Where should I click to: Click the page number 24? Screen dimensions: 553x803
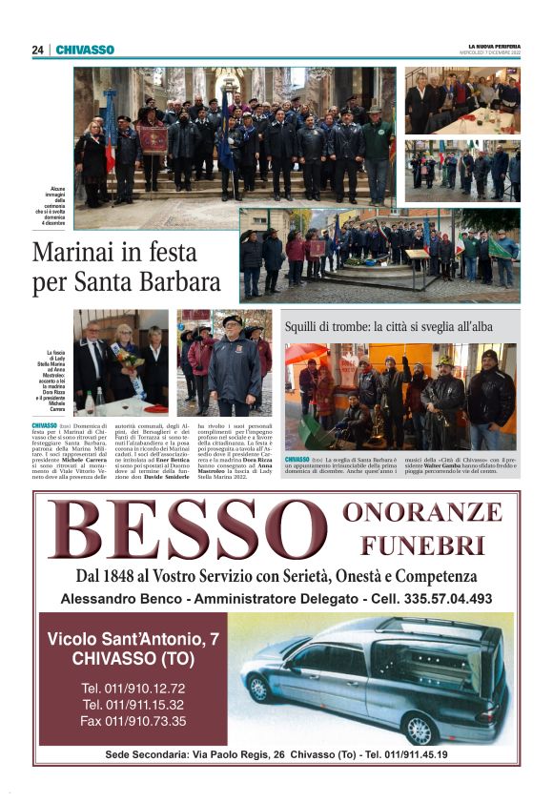coord(37,50)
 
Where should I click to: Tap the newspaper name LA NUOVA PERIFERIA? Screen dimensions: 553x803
coord(494,45)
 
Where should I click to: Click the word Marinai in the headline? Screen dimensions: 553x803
coord(80,254)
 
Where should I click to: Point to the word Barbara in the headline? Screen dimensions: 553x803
coord(174,282)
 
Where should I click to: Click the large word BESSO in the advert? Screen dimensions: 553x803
coord(186,531)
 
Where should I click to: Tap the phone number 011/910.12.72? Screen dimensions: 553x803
coord(133,688)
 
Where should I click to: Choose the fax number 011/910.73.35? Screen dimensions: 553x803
coord(133,720)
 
